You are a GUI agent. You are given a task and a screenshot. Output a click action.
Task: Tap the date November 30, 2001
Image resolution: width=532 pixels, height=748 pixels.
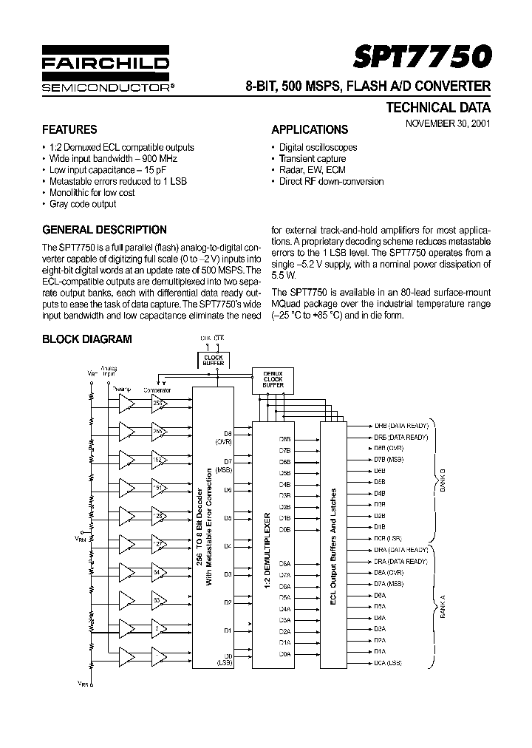click(447, 124)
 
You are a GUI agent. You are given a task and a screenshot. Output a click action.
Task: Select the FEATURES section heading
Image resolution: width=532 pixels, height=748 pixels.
click(69, 129)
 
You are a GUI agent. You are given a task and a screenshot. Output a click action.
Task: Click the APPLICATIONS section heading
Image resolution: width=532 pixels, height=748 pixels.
click(310, 129)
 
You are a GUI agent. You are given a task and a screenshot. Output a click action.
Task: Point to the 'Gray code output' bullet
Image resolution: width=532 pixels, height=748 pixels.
click(83, 203)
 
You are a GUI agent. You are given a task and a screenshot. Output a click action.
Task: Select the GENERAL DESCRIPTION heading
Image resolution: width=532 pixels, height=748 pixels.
click(104, 230)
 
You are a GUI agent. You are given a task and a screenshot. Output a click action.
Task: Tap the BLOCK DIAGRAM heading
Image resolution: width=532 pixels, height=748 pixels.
click(86, 339)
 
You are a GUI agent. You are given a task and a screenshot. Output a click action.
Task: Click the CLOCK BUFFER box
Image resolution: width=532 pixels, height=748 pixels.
click(213, 361)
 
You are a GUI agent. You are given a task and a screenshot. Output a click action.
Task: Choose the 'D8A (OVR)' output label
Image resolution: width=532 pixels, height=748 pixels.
click(389, 572)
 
